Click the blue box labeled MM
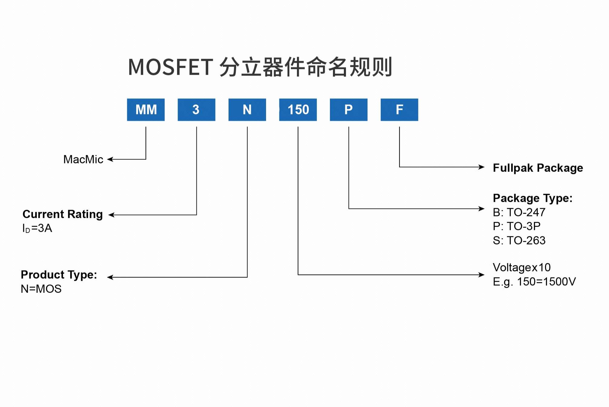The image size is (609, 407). coord(146,110)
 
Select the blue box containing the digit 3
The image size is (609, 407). coord(196,110)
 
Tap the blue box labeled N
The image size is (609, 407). coord(247,110)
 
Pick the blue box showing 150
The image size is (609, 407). coord(298,110)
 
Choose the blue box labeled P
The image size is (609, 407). coord(348,110)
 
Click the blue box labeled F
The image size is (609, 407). coord(399,110)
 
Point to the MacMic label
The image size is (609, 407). coord(83,159)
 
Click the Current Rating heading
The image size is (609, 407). coord(63,214)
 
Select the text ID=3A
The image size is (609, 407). coord(37,228)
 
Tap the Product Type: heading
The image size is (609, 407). coord(59,275)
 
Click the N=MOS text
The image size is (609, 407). coord(41,289)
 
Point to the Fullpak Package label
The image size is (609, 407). coord(538,168)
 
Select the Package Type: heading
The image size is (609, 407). coord(532,198)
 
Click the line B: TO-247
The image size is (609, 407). coord(519,212)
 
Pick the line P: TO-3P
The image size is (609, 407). coord(516,226)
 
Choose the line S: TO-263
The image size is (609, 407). coord(519,241)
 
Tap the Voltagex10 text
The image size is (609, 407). coord(521,268)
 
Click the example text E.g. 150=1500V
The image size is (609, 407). coord(534,282)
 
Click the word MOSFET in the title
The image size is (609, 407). coord(170,67)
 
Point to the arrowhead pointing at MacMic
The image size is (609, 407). coord(110,159)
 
